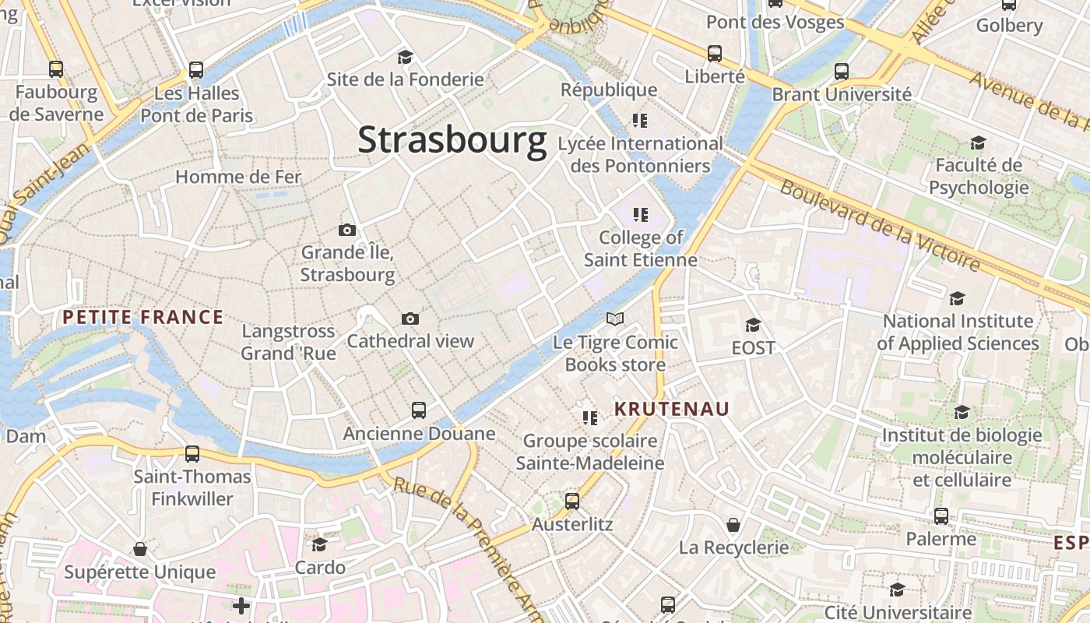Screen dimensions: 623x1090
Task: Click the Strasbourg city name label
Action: tap(452, 140)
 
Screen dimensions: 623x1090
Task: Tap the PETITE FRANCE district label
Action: tap(143, 317)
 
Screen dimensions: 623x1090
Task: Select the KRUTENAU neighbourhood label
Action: tap(672, 409)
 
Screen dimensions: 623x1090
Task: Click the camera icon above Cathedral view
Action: tap(410, 319)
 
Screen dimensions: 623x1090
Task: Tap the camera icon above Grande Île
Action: tap(347, 230)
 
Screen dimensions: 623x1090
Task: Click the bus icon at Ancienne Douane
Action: tap(419, 410)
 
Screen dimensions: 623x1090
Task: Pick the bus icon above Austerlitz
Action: tap(572, 502)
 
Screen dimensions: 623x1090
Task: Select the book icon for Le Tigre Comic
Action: tap(615, 319)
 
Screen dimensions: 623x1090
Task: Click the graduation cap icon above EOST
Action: tap(753, 325)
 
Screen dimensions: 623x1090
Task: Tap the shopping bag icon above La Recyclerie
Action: tap(733, 524)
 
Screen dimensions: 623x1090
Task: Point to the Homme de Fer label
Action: tap(238, 177)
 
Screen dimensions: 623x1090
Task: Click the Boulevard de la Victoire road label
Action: tap(881, 226)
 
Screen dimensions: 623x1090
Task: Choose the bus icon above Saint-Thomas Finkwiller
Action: tap(192, 453)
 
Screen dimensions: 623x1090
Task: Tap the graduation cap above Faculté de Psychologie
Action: tap(978, 143)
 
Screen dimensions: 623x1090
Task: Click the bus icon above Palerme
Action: tap(941, 516)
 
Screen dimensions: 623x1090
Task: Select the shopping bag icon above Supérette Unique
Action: tap(140, 549)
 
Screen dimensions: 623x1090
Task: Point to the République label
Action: tap(610, 90)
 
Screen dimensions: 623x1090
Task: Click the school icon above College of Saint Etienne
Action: tap(641, 214)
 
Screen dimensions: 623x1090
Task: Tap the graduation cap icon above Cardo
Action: tap(319, 544)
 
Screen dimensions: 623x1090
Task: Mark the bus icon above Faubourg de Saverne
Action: tap(56, 69)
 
